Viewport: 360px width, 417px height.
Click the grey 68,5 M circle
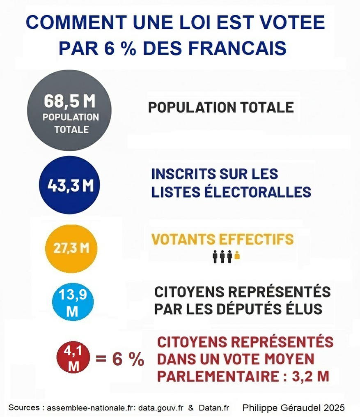[x=69, y=110]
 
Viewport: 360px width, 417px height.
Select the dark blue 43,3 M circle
[x=69, y=185]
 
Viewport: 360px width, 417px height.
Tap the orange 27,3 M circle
[x=71, y=248]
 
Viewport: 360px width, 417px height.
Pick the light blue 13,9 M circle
[x=73, y=303]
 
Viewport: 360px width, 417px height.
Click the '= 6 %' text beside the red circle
[x=119, y=359]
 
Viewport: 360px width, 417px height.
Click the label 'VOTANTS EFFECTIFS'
[x=222, y=239]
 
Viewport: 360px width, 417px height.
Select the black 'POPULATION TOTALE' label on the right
[x=220, y=107]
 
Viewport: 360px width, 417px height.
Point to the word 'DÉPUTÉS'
[x=243, y=309]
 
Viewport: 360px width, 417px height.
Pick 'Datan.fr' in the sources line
[x=213, y=408]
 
